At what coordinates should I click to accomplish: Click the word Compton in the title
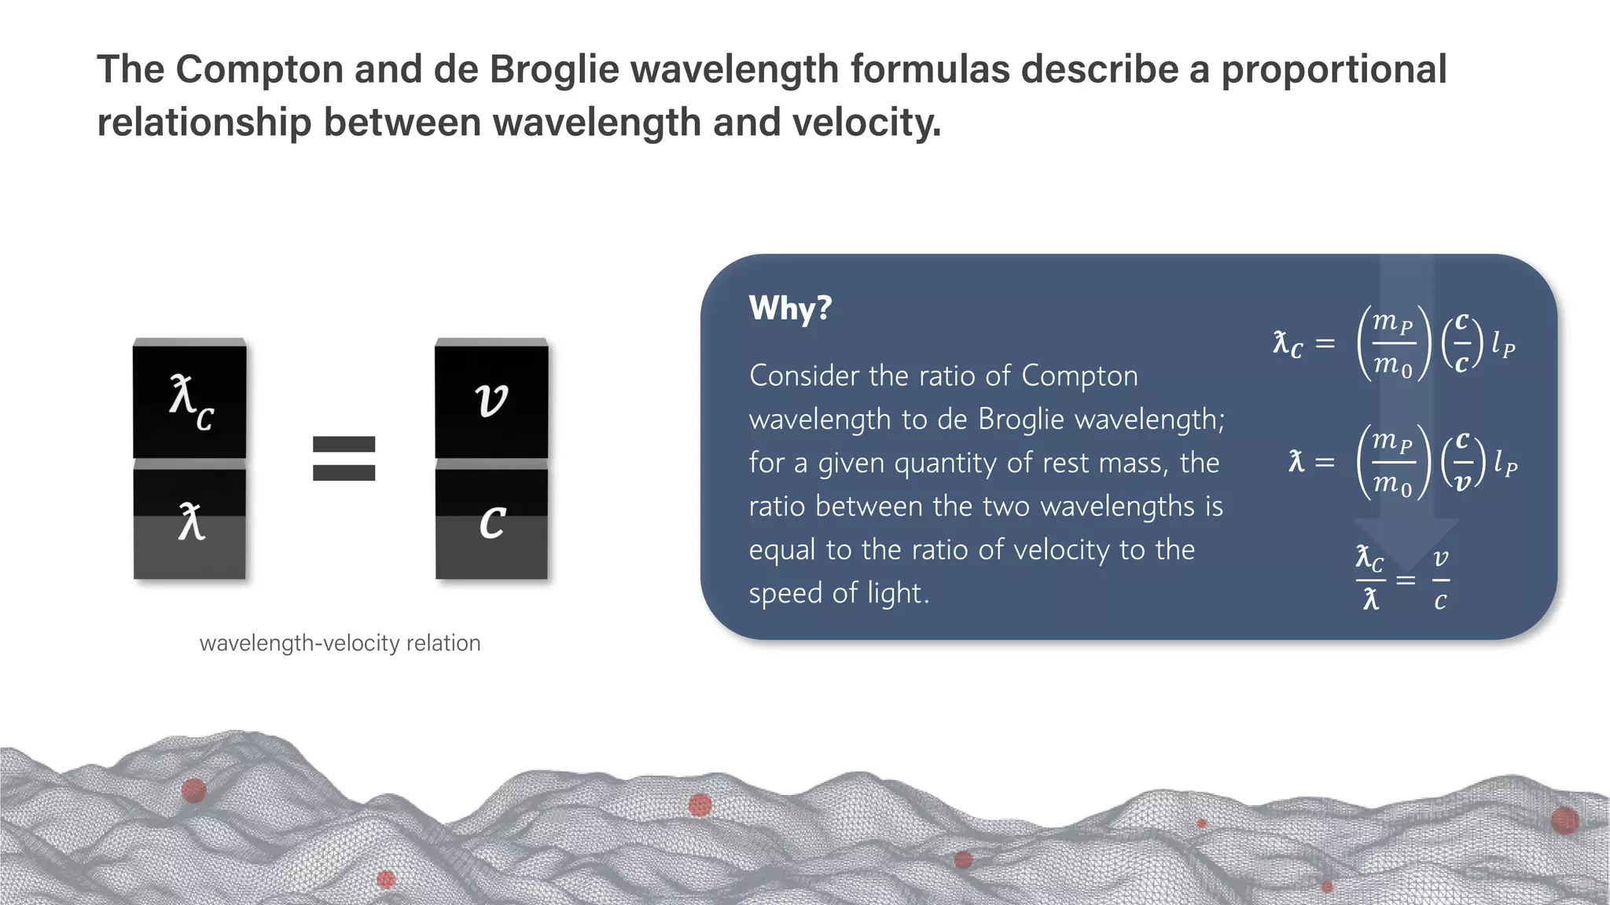coord(259,69)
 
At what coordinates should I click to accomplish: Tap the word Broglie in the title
coord(554,69)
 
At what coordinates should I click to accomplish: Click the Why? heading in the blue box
coord(790,308)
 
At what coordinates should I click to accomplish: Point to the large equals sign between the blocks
coord(344,458)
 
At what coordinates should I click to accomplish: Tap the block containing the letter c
coord(491,522)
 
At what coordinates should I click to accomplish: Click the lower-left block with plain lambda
coord(189,522)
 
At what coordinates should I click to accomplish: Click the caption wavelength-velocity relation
coord(340,643)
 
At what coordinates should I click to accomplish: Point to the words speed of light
coord(838,593)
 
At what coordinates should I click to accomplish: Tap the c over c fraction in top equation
coord(1461,344)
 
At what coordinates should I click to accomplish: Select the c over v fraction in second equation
coord(1461,462)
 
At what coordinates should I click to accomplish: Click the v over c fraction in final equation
coord(1440,581)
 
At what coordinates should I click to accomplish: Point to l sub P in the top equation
coord(1503,344)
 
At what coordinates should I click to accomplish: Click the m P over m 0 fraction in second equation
coord(1392,463)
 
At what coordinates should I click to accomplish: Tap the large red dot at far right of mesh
coord(1564,820)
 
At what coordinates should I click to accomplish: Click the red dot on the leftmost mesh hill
coord(193,790)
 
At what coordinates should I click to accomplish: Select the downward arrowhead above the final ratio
coord(1406,542)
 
